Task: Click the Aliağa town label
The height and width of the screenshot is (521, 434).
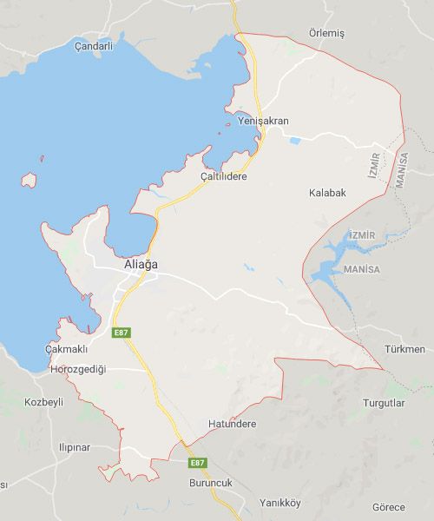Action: pyautogui.click(x=141, y=265)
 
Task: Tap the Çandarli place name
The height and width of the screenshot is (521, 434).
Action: pyautogui.click(x=94, y=46)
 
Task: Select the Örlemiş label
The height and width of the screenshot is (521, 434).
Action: pyautogui.click(x=326, y=33)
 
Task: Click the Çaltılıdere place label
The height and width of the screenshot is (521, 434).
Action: pyautogui.click(x=223, y=176)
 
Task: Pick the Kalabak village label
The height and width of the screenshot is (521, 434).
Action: pyautogui.click(x=327, y=192)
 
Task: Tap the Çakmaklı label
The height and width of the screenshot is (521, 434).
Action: pyautogui.click(x=67, y=349)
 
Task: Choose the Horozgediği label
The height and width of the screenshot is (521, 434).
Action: pyautogui.click(x=78, y=369)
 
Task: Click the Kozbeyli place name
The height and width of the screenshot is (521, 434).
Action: pyautogui.click(x=44, y=402)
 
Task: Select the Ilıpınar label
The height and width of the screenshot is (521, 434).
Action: pyautogui.click(x=74, y=447)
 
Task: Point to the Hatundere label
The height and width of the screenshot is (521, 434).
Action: pyautogui.click(x=233, y=424)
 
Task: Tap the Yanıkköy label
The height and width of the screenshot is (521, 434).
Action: pyautogui.click(x=279, y=503)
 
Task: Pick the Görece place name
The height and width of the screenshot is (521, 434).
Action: pyautogui.click(x=389, y=506)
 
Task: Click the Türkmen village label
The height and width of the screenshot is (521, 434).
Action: pyautogui.click(x=404, y=349)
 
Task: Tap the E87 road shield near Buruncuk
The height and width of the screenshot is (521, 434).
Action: pyautogui.click(x=198, y=463)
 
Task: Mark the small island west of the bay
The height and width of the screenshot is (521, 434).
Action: pyautogui.click(x=30, y=181)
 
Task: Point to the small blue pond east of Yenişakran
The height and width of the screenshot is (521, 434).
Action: pyautogui.click(x=295, y=140)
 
